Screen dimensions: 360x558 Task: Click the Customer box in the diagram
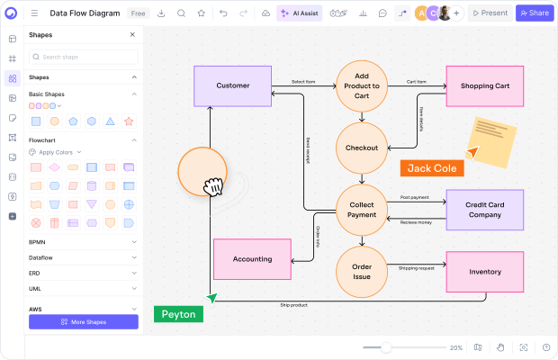(x=233, y=86)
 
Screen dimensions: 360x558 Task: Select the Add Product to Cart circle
(x=362, y=86)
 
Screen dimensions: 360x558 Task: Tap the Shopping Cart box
(x=484, y=86)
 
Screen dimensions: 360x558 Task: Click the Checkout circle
(x=362, y=148)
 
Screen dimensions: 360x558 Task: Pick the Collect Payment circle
(x=362, y=210)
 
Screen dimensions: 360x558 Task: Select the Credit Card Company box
(x=484, y=210)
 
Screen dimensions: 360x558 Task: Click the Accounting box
(x=252, y=259)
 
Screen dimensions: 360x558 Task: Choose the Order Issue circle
(x=362, y=272)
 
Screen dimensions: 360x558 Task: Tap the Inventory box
(x=484, y=272)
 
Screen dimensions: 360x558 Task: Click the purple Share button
(x=535, y=13)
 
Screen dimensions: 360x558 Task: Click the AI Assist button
(x=298, y=13)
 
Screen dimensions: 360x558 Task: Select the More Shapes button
(x=84, y=321)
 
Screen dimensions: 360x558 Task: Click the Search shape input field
(x=84, y=57)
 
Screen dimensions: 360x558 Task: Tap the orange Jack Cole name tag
(x=432, y=168)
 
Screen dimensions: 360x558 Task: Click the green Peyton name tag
(x=178, y=314)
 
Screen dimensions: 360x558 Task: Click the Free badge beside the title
(x=139, y=13)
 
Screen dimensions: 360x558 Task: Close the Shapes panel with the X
(x=132, y=35)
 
